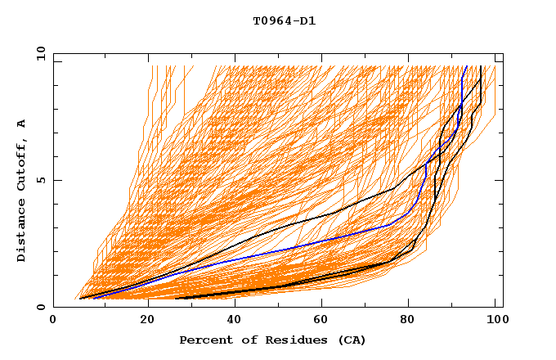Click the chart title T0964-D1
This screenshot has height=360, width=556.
coord(284,21)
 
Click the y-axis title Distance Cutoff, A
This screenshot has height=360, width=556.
coord(21,191)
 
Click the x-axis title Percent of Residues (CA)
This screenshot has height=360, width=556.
coord(273,340)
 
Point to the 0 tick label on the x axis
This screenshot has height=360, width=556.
coord(53,320)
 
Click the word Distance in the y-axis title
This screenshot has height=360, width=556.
coord(21,231)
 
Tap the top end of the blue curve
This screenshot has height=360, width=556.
coord(466,66)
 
